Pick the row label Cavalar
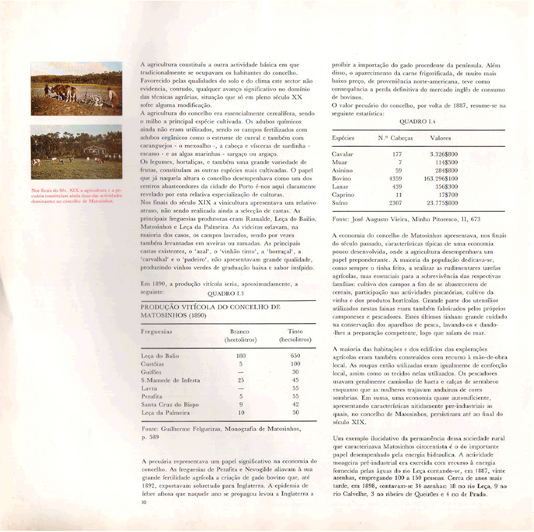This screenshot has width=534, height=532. click(343, 154)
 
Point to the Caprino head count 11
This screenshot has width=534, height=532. click(397, 195)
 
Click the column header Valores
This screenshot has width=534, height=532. click(440, 138)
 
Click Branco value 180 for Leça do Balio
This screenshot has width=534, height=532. click(241, 355)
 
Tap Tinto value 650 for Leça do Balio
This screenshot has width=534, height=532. click(294, 355)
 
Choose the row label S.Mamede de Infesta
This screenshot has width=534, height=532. click(170, 380)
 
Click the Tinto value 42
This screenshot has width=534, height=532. click(295, 405)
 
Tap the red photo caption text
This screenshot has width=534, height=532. click(76, 196)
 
